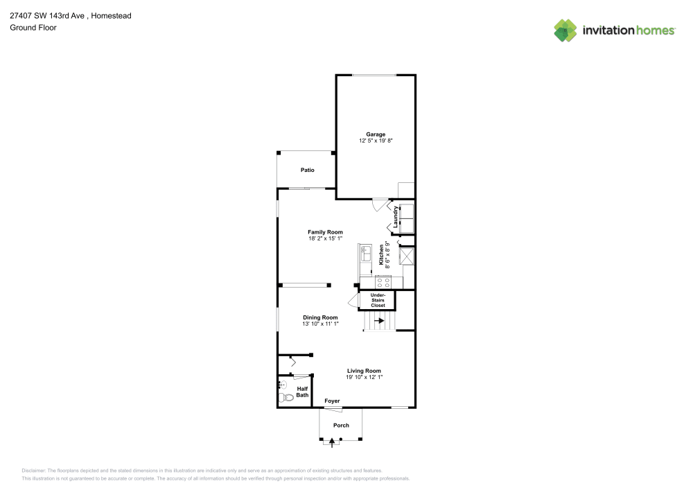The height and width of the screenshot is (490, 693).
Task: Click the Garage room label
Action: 376,134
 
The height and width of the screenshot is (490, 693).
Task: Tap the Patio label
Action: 308,170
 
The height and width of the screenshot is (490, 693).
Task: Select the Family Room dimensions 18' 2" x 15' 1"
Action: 325,238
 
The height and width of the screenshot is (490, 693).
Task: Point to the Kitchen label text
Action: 381,255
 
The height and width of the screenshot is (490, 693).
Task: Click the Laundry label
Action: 396,217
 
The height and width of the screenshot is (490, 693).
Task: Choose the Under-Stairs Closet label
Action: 378,300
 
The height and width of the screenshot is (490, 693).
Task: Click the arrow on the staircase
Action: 379,320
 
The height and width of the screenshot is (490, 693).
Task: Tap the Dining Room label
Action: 320,317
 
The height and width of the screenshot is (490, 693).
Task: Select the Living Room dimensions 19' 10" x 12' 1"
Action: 365,377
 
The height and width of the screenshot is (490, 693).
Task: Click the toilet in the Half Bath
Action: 286,397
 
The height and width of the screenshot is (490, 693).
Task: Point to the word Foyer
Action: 333,401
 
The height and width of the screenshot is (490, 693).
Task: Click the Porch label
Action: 341,425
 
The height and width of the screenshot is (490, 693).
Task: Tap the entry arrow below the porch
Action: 332,442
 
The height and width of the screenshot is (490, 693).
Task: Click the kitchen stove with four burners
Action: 383,282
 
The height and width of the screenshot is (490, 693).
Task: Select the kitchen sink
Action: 365,254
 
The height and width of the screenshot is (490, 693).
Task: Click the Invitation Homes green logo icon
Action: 565,30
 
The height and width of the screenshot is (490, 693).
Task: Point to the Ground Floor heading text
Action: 33,28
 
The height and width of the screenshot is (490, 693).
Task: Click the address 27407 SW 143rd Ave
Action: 47,15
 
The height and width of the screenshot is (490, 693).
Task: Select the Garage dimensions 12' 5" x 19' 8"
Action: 376,141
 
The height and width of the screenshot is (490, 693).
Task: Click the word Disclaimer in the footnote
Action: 33,471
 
